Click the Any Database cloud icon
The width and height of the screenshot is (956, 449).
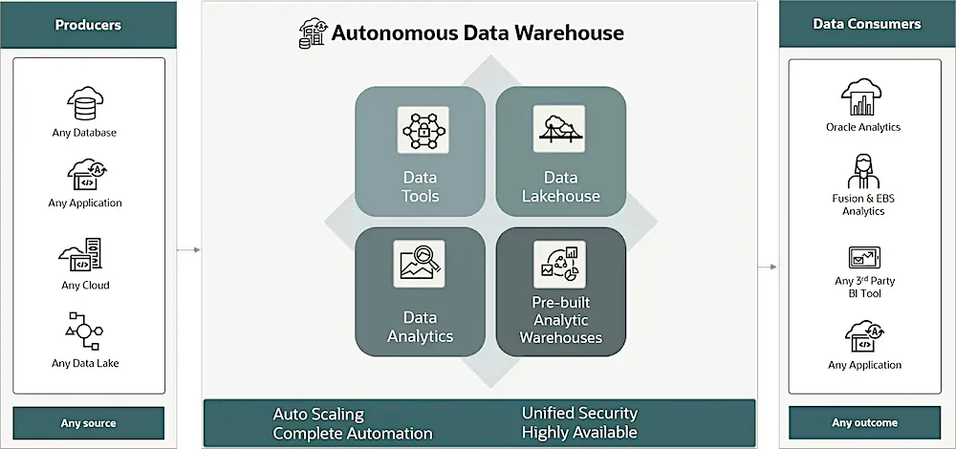85,103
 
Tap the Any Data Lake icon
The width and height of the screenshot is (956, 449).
83,331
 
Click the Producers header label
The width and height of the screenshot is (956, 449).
88,25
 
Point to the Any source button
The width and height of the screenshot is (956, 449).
88,423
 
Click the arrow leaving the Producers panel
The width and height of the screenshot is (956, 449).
188,249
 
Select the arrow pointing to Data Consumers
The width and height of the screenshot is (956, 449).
767,267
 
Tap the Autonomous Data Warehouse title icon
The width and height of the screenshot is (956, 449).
313,32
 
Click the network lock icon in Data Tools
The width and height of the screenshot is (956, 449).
424,130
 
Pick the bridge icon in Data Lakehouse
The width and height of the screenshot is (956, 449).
559,129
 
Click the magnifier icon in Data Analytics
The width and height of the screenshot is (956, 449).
420,264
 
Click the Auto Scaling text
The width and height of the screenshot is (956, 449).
318,415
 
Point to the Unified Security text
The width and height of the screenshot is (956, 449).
580,413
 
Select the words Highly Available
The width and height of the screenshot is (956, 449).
580,433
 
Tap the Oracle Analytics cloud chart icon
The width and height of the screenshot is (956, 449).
861,97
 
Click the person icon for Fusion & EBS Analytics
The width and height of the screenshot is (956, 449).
864,171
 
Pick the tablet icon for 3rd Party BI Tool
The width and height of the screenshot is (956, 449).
864,258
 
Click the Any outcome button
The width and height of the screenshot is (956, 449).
864,423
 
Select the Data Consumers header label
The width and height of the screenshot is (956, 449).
867,25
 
